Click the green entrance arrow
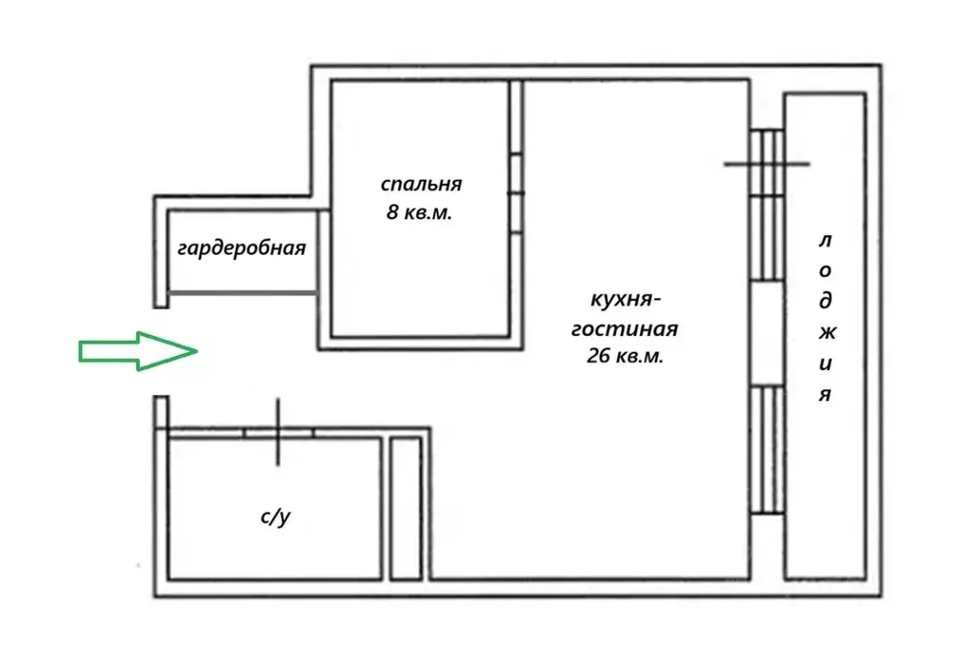click(x=138, y=351)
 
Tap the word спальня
click(x=421, y=185)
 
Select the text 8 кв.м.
click(x=419, y=212)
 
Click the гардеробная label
click(x=242, y=248)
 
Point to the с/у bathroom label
click(x=275, y=517)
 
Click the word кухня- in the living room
click(x=625, y=300)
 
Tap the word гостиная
click(x=625, y=328)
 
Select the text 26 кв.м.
click(x=625, y=356)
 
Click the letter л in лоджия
click(x=825, y=241)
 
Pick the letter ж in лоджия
click(x=826, y=333)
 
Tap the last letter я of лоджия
click(x=825, y=395)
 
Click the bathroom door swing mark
click(x=278, y=431)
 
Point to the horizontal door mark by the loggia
click(x=766, y=165)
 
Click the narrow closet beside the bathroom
click(x=407, y=508)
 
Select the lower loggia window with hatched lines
click(x=767, y=449)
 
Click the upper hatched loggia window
click(x=767, y=206)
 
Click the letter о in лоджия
click(x=825, y=271)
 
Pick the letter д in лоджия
click(x=825, y=301)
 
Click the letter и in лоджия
click(x=825, y=364)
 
